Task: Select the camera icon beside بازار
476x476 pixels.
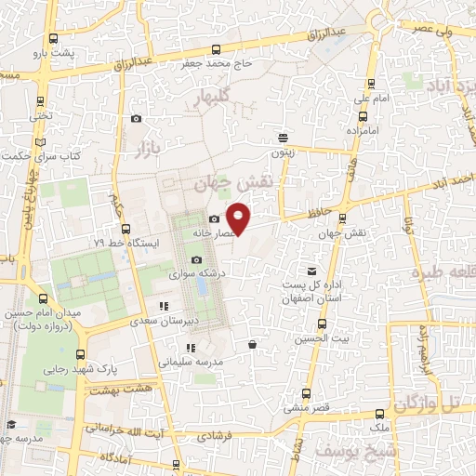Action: (x=137, y=118)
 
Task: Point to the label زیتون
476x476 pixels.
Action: (x=284, y=149)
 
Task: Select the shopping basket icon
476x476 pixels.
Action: (x=252, y=344)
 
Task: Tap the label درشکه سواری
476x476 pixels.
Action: (x=193, y=274)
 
